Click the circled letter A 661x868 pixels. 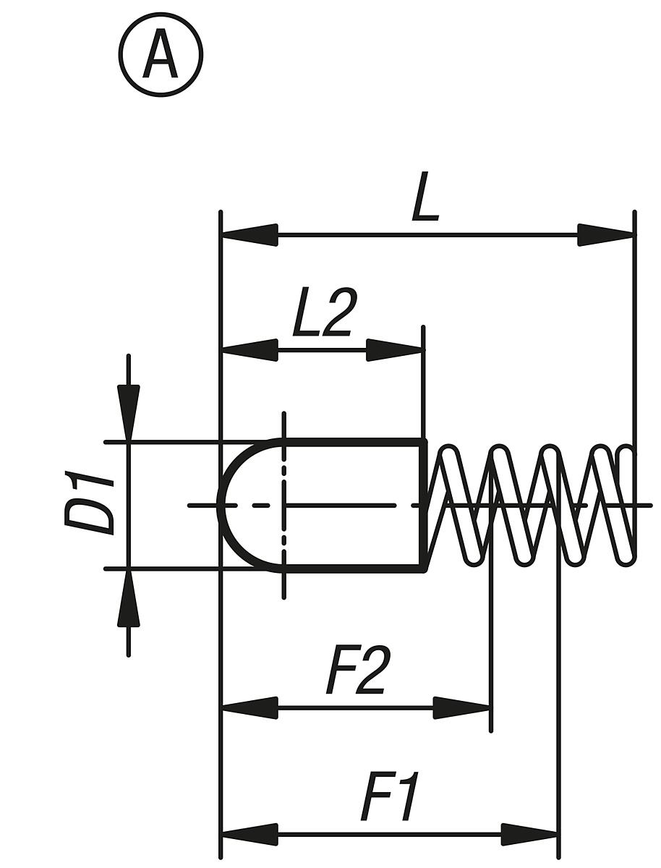coord(161,56)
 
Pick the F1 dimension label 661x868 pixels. coord(391,799)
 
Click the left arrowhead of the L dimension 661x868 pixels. coord(250,234)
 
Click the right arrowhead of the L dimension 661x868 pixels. coord(605,234)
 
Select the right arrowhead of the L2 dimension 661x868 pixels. coord(395,350)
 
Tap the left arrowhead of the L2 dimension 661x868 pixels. coord(250,350)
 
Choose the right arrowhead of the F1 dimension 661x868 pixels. coord(529,834)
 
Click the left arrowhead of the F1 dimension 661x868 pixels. coord(250,834)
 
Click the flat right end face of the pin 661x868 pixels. coord(423,504)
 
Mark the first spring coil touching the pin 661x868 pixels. coord(448,504)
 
